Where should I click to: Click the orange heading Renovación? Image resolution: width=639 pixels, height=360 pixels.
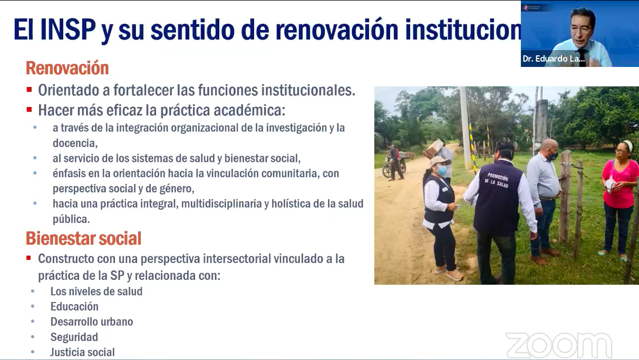(67, 68)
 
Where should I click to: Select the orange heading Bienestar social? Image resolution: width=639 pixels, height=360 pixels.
(84, 238)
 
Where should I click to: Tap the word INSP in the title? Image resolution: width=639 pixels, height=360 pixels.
(68, 30)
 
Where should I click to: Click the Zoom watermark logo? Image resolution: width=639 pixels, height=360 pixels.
(559, 345)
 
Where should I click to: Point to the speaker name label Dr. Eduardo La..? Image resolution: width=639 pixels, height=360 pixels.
(554, 59)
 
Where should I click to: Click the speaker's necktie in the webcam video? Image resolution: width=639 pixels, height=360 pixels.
(582, 57)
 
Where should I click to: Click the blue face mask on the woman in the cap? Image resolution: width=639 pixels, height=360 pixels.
(442, 170)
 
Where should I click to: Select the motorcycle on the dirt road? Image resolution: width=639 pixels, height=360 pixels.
(394, 167)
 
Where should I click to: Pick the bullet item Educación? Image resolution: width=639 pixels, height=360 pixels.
(74, 307)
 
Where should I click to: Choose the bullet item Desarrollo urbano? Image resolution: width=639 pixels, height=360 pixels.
(92, 322)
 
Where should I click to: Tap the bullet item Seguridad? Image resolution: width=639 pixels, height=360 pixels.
(74, 337)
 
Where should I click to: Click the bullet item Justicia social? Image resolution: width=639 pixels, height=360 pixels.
(82, 352)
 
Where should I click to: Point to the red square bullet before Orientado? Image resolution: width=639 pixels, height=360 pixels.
(29, 90)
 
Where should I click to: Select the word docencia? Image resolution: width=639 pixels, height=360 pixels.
(75, 143)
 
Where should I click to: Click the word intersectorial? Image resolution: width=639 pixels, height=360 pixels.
(237, 259)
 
